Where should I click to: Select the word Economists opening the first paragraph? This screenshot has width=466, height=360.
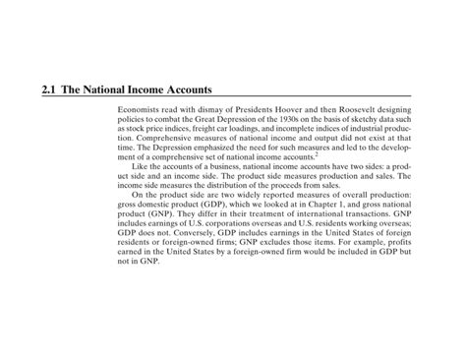coord(139,109)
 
